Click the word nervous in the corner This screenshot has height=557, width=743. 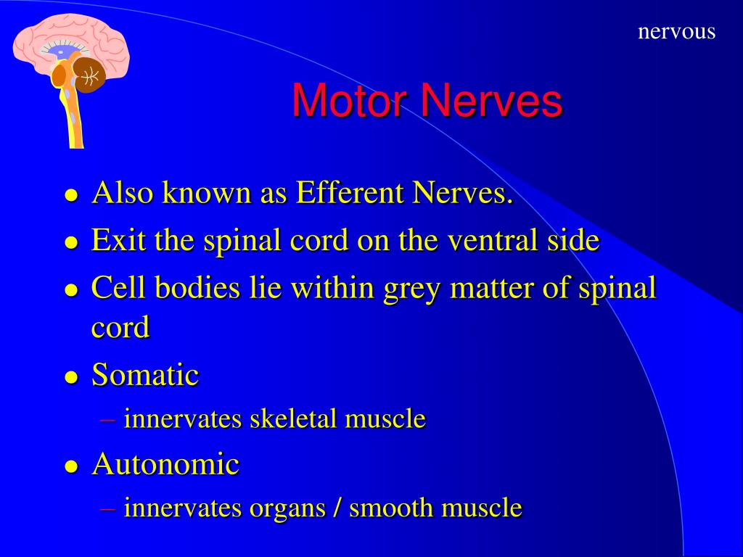676,32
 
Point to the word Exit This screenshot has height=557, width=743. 115,241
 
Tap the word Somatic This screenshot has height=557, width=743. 145,375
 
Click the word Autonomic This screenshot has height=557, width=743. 165,463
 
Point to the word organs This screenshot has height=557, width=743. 287,508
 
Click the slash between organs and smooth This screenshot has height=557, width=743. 337,508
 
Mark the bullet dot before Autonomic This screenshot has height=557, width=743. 71,466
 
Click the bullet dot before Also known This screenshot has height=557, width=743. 71,196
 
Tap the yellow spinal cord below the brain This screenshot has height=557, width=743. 74,123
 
